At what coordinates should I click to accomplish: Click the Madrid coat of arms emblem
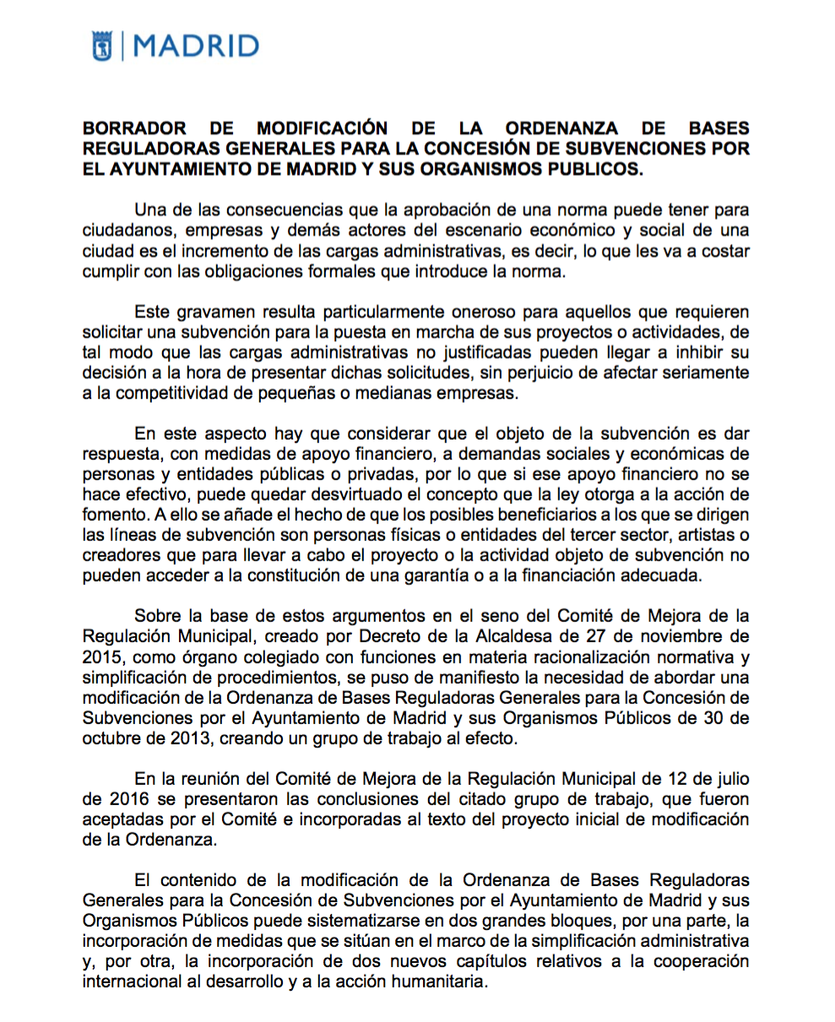pos(101,46)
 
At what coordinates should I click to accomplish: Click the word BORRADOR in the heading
pos(135,129)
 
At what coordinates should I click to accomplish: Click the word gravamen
pos(211,310)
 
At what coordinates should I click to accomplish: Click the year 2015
pos(100,657)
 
